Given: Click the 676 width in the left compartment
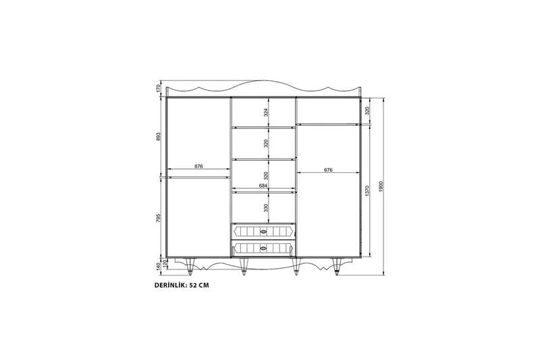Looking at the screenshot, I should click(198, 166).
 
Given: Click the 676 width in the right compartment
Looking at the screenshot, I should click(328, 170).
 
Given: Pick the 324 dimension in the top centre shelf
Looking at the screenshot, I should click(266, 111).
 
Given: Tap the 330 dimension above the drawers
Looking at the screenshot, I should click(266, 207).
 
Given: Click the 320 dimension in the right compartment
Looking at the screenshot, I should click(367, 111).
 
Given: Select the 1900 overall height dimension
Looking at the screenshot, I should click(381, 186).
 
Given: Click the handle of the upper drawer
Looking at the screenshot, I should click(264, 231).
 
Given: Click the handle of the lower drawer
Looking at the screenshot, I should click(264, 249).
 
